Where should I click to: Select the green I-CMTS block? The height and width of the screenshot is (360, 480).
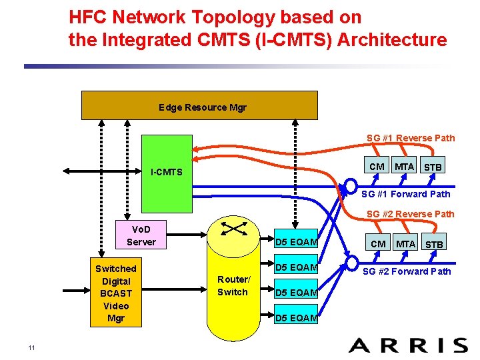[x=167, y=172]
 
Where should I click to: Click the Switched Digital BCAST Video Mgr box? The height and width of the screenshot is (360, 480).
[x=115, y=293]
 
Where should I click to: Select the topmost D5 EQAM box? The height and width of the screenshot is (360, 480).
[x=297, y=241]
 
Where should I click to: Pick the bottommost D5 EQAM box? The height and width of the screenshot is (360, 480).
[x=297, y=318]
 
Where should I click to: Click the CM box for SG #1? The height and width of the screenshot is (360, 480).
[x=377, y=167]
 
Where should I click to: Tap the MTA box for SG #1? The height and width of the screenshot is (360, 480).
[x=404, y=167]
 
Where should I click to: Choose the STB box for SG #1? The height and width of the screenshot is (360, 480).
[x=433, y=167]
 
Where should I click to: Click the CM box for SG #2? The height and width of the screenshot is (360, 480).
[x=378, y=244]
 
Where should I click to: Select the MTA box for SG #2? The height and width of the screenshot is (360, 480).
[x=405, y=244]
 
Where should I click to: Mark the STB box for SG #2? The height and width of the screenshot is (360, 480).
[x=434, y=244]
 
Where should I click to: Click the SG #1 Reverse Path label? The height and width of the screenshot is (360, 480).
[x=411, y=138]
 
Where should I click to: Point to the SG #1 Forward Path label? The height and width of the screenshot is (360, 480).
[x=405, y=194]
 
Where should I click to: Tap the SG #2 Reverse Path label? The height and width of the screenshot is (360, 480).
[x=411, y=214]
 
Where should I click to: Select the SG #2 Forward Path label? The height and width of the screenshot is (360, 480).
[x=407, y=271]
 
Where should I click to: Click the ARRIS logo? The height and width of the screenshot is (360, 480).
[x=408, y=345]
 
